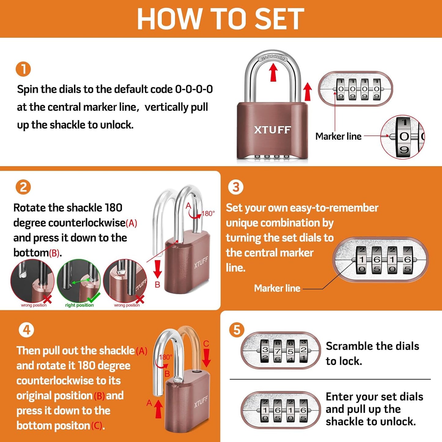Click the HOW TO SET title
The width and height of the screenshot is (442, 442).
[x=220, y=19]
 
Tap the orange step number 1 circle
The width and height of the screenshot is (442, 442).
[x=23, y=69]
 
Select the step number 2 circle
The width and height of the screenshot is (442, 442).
[x=23, y=187]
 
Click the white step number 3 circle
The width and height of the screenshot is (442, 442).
[x=236, y=187]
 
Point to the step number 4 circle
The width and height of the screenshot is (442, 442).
[x=26, y=330]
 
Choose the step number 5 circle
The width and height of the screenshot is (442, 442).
[x=237, y=330]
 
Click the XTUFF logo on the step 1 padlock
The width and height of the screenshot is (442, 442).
[x=272, y=130]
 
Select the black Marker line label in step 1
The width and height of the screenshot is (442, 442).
[x=338, y=136]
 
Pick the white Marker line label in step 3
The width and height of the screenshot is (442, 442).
[x=277, y=288]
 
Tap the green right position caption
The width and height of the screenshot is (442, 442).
[x=79, y=305]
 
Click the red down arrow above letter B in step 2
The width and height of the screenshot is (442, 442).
[x=158, y=269]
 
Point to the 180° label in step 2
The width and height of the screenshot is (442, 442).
[x=208, y=213]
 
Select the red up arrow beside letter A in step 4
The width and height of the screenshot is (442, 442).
[x=158, y=409]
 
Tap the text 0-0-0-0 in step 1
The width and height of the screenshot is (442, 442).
[x=194, y=89]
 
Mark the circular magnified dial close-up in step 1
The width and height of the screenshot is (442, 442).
[x=403, y=137]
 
